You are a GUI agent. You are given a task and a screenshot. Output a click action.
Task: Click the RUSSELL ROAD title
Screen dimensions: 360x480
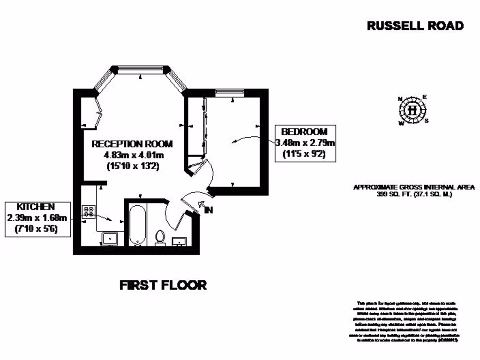click(x=415, y=26)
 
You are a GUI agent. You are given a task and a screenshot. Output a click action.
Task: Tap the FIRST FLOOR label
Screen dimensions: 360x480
click(x=163, y=285)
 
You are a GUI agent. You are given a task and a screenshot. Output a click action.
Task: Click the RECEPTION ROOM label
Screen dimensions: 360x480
click(x=132, y=143)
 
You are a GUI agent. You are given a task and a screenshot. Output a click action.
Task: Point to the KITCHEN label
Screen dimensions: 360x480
click(x=36, y=207)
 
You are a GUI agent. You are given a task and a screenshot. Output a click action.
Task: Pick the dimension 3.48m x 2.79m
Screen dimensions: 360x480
click(x=305, y=143)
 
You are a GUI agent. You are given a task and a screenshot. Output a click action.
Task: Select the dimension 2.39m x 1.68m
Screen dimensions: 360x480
click(x=37, y=218)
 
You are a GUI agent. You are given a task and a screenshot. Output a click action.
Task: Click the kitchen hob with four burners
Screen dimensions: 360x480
click(x=89, y=211)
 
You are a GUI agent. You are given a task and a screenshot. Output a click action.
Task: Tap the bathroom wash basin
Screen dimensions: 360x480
click(x=180, y=241)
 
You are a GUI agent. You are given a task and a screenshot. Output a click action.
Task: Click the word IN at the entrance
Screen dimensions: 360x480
click(x=209, y=210)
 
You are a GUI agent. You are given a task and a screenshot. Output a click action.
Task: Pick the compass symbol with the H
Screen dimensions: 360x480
click(x=412, y=111)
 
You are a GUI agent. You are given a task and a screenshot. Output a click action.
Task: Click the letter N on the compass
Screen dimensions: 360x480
click(x=400, y=99)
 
